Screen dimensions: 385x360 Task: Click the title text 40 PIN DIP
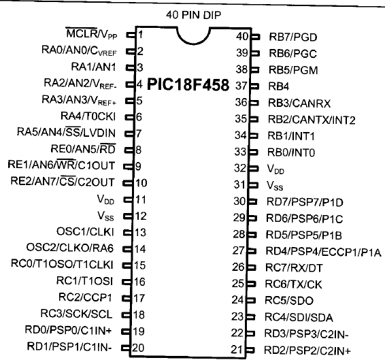coord(193,15)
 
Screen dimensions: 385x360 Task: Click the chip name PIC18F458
coord(188,84)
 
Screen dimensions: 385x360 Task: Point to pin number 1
coord(140,35)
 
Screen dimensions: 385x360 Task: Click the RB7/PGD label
coord(293,37)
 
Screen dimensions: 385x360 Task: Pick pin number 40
coord(242,37)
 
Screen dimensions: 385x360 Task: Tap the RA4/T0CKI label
coord(88,116)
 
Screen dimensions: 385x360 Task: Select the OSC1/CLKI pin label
coord(85,231)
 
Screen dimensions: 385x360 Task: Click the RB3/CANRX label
coord(299,103)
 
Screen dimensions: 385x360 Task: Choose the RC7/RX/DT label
coord(294,268)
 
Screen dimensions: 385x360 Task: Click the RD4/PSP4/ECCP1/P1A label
coord(323,252)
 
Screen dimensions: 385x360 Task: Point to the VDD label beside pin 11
coord(105,199)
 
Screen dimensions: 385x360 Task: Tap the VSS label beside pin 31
coord(275,186)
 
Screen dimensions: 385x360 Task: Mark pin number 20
coord(138,348)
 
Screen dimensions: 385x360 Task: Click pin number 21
coord(237,350)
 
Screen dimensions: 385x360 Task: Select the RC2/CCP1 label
coord(85,297)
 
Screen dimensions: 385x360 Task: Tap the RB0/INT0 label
coord(291,152)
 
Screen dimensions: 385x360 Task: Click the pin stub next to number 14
coord(127,249)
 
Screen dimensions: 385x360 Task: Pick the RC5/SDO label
coord(289,301)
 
